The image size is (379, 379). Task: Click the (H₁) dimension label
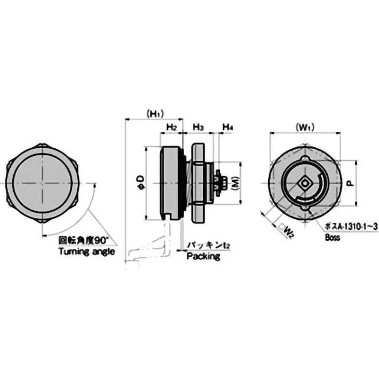click(154, 114)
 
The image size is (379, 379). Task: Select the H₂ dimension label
click(171, 127)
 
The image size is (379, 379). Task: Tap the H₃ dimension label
click(199, 127)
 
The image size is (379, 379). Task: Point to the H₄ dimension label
click(228, 127)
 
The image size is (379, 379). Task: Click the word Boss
click(332, 238)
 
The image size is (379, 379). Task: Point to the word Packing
click(203, 256)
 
